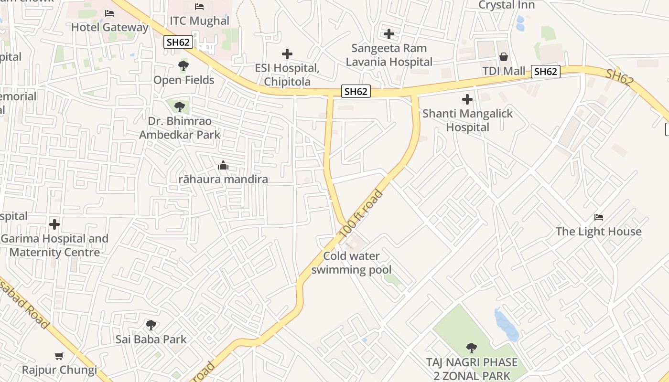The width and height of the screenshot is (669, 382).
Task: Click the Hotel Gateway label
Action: point(110,27)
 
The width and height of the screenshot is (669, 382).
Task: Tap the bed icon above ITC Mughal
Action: point(199,7)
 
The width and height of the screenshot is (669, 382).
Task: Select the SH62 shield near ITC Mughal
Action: point(178,42)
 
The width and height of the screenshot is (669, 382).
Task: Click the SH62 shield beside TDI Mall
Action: point(545,72)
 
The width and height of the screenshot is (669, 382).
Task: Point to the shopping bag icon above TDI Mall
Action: point(504,57)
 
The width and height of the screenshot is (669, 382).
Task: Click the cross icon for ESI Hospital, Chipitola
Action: point(287,54)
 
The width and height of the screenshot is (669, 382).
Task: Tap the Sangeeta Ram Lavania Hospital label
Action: point(389,55)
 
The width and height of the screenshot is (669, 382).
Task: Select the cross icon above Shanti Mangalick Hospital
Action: point(467,99)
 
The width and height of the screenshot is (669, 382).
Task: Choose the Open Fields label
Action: point(183,80)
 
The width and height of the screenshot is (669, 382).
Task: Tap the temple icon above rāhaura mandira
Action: point(223,166)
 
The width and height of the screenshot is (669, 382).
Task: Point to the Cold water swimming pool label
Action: point(351,263)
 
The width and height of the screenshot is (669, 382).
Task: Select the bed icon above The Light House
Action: point(598,217)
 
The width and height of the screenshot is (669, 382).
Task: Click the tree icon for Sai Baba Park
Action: point(151,325)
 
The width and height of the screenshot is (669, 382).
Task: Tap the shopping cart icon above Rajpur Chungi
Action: point(59,356)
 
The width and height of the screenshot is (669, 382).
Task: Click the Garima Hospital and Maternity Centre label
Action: point(54,245)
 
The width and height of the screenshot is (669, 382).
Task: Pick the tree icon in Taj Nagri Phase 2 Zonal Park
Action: point(472,348)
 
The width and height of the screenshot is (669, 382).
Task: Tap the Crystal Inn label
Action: point(507,5)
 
